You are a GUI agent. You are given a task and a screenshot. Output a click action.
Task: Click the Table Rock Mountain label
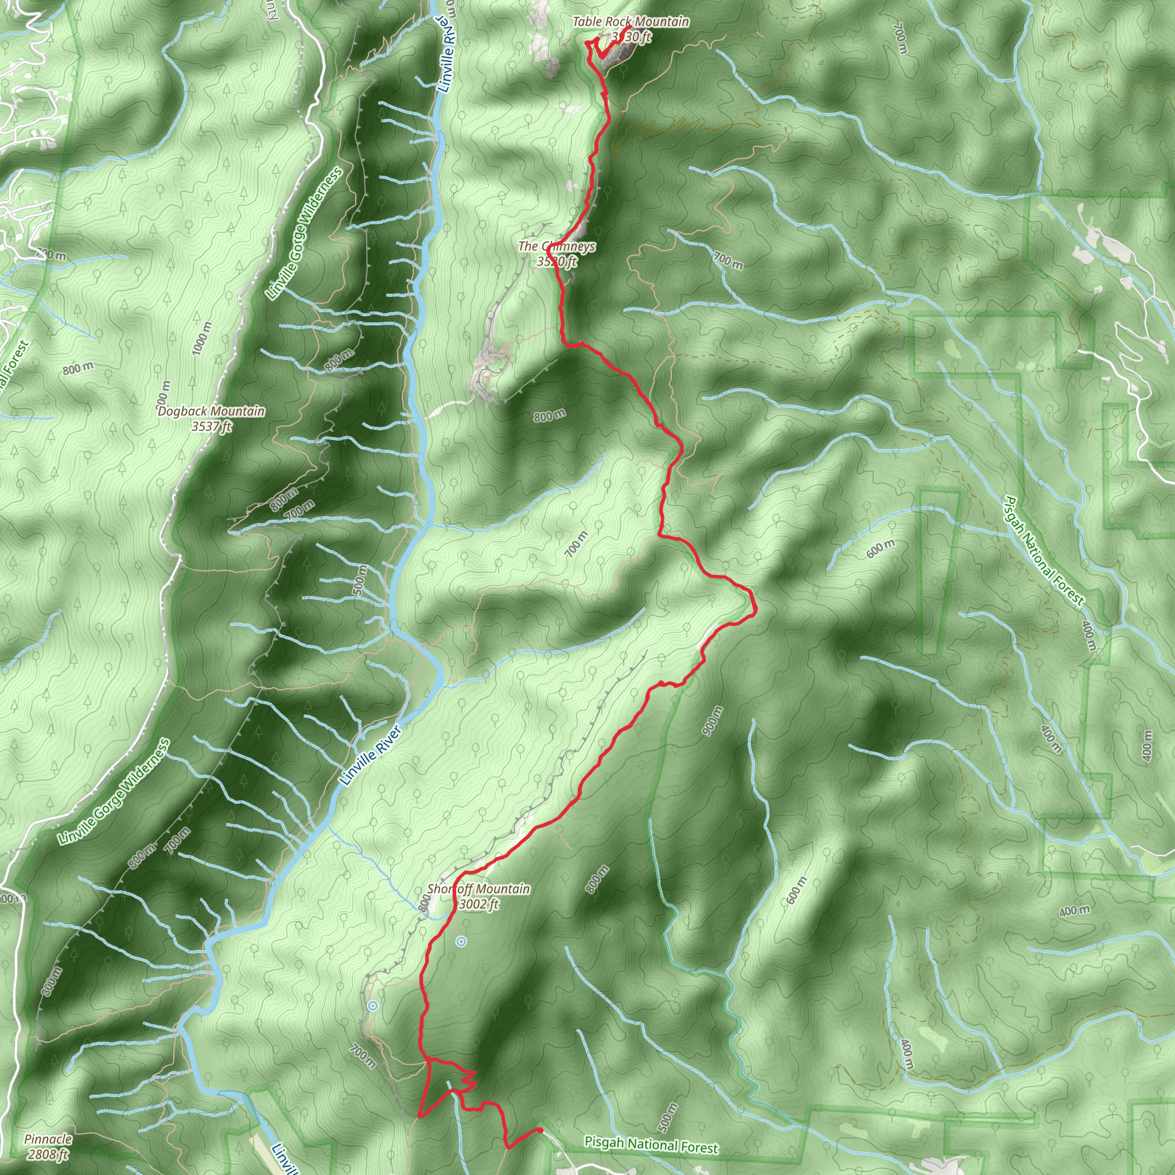631,22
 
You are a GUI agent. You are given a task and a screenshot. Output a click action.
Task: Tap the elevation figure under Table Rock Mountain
631,37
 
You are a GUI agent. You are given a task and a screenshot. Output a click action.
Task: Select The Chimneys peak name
557,246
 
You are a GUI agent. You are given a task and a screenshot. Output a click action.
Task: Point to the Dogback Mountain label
211,411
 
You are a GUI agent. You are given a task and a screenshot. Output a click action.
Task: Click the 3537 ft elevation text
211,426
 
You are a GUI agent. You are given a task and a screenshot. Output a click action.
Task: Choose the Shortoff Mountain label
478,889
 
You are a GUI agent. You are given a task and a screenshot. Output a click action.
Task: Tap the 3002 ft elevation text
478,904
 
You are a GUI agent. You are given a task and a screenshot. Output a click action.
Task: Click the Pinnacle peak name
48,1139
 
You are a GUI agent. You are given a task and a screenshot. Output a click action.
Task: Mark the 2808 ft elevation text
48,1154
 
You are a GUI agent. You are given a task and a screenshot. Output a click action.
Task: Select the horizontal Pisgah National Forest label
651,1145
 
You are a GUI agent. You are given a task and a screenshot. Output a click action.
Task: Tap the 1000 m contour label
202,338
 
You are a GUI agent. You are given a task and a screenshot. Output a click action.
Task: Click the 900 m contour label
713,721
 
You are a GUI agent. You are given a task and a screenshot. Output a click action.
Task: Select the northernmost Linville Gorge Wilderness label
304,234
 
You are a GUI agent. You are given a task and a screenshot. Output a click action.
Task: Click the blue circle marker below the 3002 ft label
461,942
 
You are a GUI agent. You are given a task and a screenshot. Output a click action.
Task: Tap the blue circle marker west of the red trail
373,1006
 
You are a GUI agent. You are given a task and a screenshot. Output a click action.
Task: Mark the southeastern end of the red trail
540,1131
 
